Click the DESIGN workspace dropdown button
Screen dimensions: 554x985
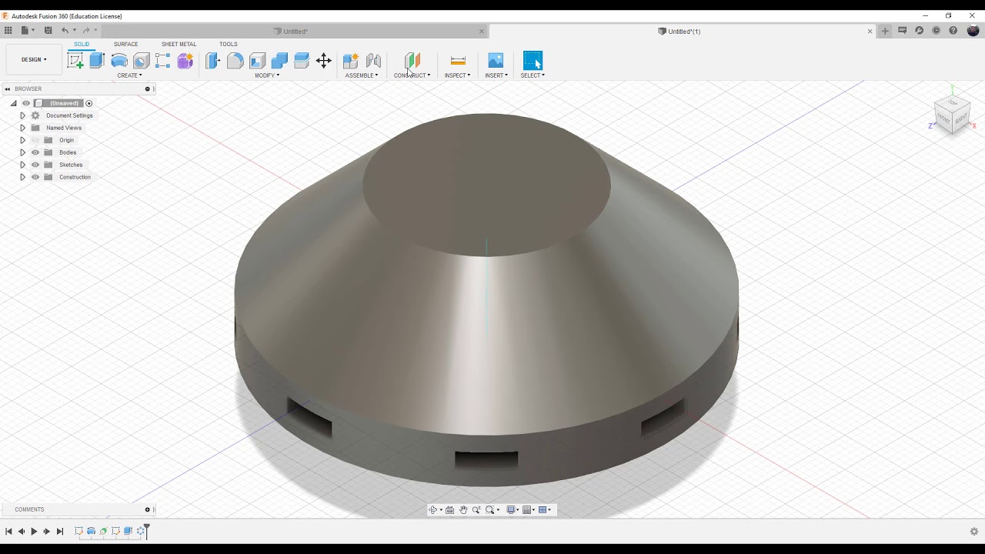(x=34, y=59)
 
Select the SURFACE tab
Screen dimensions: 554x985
(x=125, y=44)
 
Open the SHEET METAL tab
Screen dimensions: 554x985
(x=179, y=44)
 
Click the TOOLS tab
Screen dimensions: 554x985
(x=229, y=44)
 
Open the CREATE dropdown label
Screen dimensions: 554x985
(x=129, y=75)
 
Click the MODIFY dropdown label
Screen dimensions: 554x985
(x=267, y=75)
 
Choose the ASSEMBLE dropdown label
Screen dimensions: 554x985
(x=361, y=75)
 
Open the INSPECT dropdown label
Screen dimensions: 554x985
(x=457, y=75)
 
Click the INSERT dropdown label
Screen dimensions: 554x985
(x=496, y=75)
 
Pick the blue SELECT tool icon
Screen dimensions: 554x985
(x=533, y=61)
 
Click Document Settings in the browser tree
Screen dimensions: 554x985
(x=69, y=115)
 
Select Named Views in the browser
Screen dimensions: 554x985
(x=63, y=128)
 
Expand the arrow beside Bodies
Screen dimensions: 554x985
(x=22, y=152)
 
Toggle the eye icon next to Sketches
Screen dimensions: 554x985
(x=35, y=165)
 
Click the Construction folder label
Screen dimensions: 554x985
(x=75, y=177)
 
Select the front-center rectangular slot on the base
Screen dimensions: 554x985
(x=486, y=460)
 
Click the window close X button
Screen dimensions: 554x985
(x=972, y=15)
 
